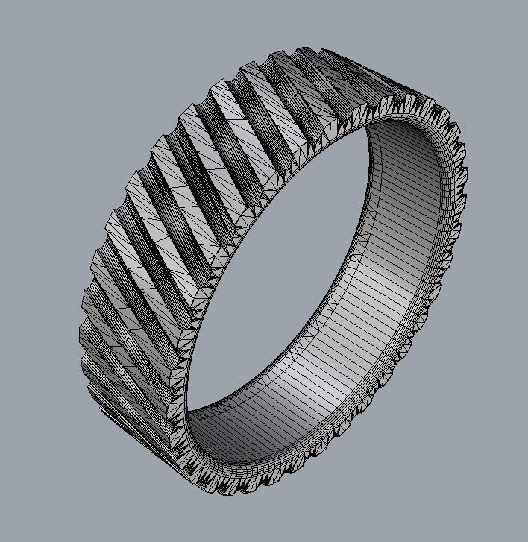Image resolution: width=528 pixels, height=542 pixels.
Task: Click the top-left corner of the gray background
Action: point(4,4)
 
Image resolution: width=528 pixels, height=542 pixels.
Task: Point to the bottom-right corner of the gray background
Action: point(524,538)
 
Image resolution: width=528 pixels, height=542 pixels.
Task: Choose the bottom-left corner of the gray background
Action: point(4,538)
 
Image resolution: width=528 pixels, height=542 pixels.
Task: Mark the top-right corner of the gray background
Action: point(524,4)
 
